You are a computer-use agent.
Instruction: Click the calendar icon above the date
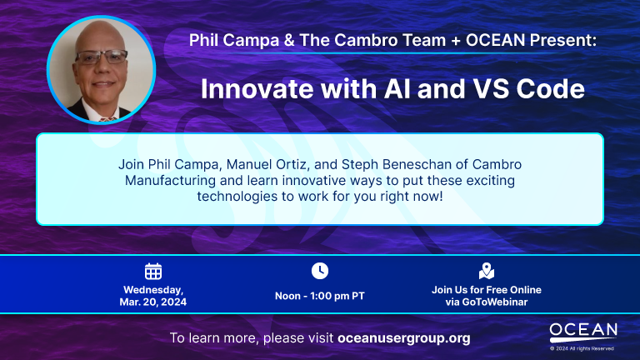click(153, 272)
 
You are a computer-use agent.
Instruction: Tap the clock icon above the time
click(320, 271)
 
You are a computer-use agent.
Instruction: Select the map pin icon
click(487, 271)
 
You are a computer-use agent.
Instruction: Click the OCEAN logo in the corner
click(583, 332)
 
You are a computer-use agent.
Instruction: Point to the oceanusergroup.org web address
click(404, 338)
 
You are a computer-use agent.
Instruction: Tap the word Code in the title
click(551, 88)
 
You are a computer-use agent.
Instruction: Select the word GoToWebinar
click(495, 302)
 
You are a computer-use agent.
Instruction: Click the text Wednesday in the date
click(153, 290)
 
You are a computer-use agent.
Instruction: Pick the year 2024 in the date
click(173, 302)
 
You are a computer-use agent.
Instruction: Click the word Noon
click(287, 296)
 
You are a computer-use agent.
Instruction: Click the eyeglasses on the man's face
click(102, 57)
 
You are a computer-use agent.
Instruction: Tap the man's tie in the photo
click(107, 119)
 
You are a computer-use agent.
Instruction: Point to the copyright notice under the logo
click(582, 348)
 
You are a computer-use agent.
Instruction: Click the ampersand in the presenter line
click(289, 40)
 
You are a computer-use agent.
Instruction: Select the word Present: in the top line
click(562, 40)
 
